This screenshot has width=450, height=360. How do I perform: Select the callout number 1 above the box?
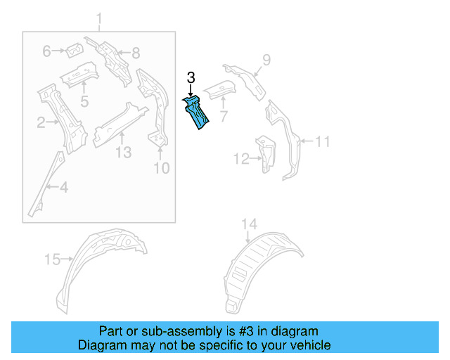pyautogui.click(x=99, y=18)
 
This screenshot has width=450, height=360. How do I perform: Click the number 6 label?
pyautogui.click(x=47, y=51)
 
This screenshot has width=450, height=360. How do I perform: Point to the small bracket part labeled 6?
pyautogui.click(x=73, y=50)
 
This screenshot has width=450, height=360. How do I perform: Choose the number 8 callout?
pyautogui.click(x=136, y=51)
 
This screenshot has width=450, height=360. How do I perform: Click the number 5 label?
pyautogui.click(x=84, y=102)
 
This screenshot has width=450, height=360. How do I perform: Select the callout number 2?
pyautogui.click(x=41, y=124)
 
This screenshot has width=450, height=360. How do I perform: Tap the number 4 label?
pyautogui.click(x=63, y=187)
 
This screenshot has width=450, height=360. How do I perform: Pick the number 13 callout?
pyautogui.click(x=123, y=153)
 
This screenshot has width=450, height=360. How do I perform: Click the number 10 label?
pyautogui.click(x=161, y=167)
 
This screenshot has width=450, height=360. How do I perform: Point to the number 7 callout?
pyautogui.click(x=223, y=115)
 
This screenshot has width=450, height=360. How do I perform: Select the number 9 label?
pyautogui.click(x=266, y=59)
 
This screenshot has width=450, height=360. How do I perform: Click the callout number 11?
pyautogui.click(x=321, y=142)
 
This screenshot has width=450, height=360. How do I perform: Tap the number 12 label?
pyautogui.click(x=241, y=160)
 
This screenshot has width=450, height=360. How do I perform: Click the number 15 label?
pyautogui.click(x=53, y=259)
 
